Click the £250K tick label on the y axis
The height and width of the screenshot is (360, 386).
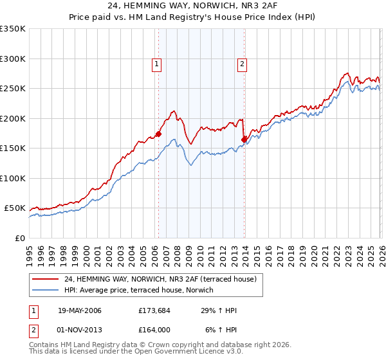pyautogui.click(x=13, y=89)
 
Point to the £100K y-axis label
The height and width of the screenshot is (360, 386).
pyautogui.click(x=13, y=178)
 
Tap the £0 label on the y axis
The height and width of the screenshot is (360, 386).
pyautogui.click(x=19, y=238)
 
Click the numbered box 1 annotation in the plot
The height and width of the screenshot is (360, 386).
pyautogui.click(x=158, y=64)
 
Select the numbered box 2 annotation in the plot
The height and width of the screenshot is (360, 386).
pyautogui.click(x=243, y=64)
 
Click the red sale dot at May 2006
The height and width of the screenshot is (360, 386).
pyautogui.click(x=158, y=134)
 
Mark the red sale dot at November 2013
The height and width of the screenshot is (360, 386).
pyautogui.click(x=244, y=139)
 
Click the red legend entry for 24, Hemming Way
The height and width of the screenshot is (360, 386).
pyautogui.click(x=160, y=279)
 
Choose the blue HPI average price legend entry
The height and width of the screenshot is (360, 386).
pyautogui.click(x=142, y=290)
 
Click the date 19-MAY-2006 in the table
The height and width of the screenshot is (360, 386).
pyautogui.click(x=80, y=311)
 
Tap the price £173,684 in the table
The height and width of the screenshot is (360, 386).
pyautogui.click(x=154, y=311)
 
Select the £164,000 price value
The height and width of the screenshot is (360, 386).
pyautogui.click(x=154, y=330)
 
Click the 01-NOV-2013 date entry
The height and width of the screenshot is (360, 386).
pyautogui.click(x=80, y=330)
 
